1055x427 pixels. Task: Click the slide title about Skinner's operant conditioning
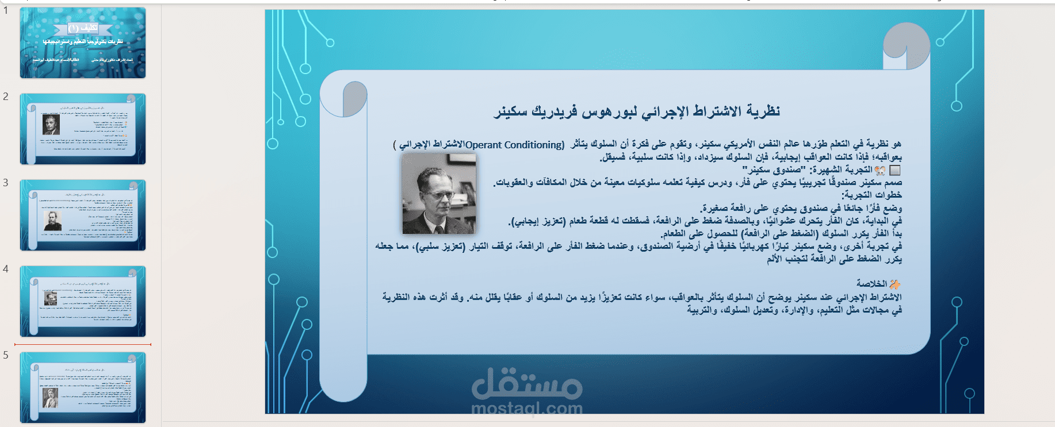[637, 111]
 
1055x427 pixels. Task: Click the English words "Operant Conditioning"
[515, 145]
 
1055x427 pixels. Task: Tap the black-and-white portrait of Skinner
[439, 194]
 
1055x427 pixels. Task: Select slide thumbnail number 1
[83, 43]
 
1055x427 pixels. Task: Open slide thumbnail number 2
[83, 129]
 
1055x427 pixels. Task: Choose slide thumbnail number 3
[83, 216]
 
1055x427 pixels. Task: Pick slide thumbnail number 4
[83, 301]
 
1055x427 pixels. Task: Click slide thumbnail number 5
[83, 387]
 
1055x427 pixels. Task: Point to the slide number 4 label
[6, 269]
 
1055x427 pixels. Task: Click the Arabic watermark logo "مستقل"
[526, 384]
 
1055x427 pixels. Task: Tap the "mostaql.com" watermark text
[526, 409]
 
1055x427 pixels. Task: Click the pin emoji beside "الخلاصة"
[895, 284]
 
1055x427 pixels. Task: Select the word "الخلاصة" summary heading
[871, 284]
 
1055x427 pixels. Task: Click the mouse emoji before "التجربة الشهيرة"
[880, 170]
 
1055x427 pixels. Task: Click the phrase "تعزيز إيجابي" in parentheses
[538, 221]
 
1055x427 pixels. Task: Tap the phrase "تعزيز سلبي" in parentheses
[441, 247]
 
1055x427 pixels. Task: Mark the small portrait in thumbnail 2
[51, 125]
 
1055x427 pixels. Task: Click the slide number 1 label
[6, 10]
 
